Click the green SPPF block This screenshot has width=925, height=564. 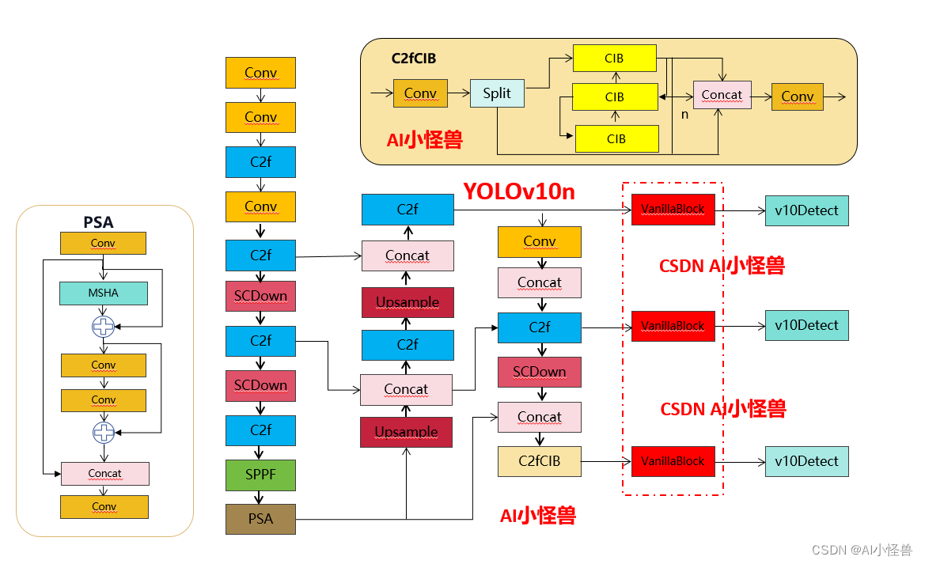tap(260, 475)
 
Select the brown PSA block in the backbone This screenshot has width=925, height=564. tap(260, 519)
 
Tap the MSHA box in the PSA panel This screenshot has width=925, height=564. tap(103, 293)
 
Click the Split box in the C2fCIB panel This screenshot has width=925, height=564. tap(497, 93)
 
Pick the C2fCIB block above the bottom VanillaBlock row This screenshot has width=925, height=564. tap(539, 461)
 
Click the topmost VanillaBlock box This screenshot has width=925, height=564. tap(673, 210)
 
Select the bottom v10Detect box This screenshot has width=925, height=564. tap(806, 461)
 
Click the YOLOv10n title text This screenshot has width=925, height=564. tap(519, 191)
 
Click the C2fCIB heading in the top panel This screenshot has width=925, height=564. tap(414, 59)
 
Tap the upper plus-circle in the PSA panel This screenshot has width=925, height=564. tap(103, 326)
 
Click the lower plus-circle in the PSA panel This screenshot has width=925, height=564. tap(103, 431)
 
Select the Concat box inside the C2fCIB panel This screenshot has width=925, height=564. tap(722, 95)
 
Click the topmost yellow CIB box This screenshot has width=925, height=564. tap(614, 59)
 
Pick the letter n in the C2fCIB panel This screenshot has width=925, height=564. tap(684, 114)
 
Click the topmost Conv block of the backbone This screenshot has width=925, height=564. tap(260, 73)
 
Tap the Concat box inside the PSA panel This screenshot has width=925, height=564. tap(104, 473)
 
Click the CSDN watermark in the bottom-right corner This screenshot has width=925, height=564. tap(862, 550)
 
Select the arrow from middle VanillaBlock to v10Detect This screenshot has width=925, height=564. tap(739, 325)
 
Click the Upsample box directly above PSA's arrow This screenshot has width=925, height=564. tap(406, 432)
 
